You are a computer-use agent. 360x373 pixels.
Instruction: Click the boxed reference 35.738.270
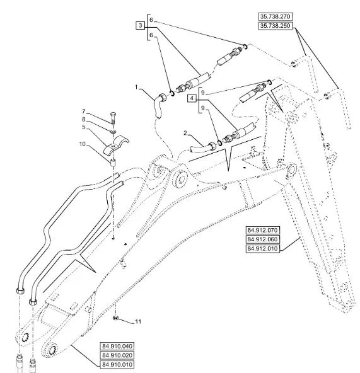click(x=276, y=16)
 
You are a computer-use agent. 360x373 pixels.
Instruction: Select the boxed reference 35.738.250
click(x=276, y=26)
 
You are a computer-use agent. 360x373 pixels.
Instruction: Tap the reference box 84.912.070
click(x=262, y=230)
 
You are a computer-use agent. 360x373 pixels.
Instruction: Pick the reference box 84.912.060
click(x=262, y=239)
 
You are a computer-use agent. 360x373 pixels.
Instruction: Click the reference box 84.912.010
click(x=262, y=249)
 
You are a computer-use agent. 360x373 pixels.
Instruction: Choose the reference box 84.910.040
click(x=117, y=346)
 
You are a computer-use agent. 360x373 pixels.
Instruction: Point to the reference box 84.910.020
click(x=117, y=355)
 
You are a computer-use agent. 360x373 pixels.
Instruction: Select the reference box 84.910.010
click(x=117, y=364)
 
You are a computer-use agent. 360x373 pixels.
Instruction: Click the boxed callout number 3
click(x=141, y=25)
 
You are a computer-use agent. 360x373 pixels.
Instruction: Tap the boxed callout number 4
click(x=192, y=98)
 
